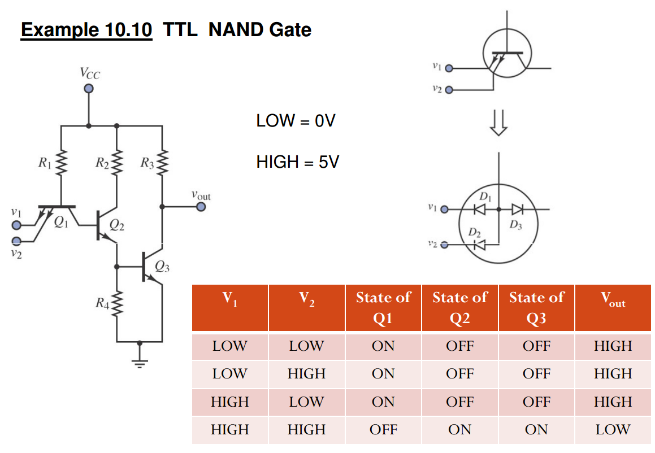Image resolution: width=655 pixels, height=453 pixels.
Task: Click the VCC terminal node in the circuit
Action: (x=88, y=89)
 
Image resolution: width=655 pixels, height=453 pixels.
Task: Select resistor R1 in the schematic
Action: (x=60, y=163)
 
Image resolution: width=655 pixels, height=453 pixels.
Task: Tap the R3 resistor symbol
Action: (x=163, y=163)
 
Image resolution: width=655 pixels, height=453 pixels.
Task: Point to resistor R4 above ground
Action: (x=117, y=306)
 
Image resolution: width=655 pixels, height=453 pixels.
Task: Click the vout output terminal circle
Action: (x=201, y=207)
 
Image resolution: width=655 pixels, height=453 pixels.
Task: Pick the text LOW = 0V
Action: (x=296, y=120)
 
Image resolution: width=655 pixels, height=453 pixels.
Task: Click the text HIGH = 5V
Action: (x=297, y=163)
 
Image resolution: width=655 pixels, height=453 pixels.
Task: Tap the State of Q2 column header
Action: (x=459, y=308)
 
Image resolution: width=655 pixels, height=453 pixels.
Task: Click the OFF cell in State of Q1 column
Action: (x=383, y=430)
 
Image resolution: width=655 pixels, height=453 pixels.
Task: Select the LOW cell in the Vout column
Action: (x=613, y=430)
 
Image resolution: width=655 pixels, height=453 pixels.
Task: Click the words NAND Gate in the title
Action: (x=259, y=29)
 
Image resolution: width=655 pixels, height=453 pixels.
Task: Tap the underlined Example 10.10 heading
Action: (x=86, y=29)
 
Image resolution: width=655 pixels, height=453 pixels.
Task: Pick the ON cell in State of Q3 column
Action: (x=536, y=430)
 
